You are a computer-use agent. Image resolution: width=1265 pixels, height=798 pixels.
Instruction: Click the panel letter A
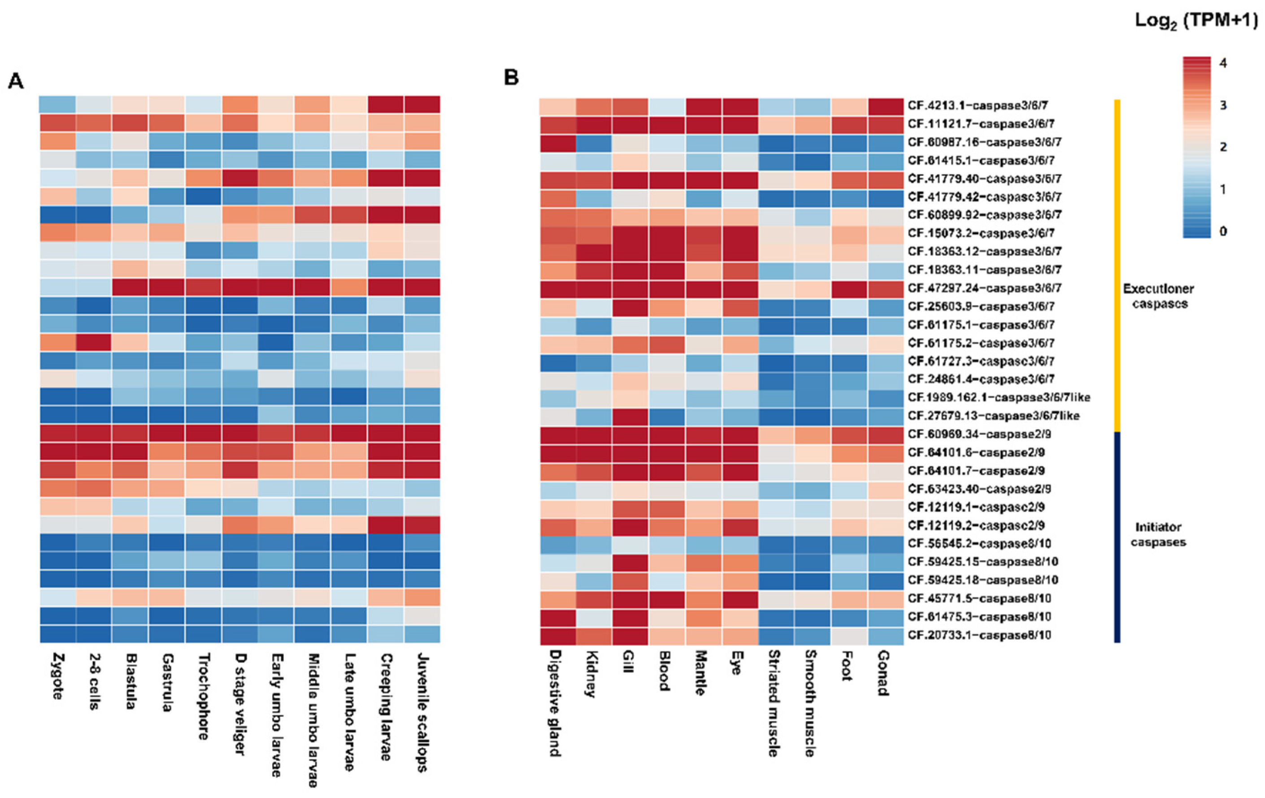16,82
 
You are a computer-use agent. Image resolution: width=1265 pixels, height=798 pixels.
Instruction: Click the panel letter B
511,78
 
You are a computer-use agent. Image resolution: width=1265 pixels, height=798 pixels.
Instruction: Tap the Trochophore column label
204,696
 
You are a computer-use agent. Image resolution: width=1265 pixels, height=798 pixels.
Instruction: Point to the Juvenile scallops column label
422,712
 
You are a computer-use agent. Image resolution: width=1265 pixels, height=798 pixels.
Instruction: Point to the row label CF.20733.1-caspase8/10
979,635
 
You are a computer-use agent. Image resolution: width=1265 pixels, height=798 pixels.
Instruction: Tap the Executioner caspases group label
1158,296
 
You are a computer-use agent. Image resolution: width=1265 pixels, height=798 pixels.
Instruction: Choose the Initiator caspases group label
1158,534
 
